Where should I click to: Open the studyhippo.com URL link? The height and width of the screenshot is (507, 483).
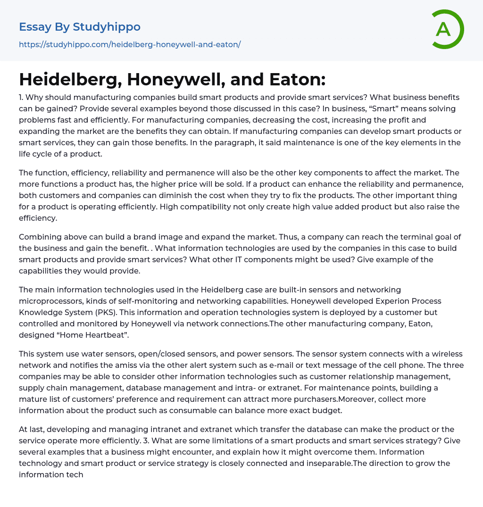click(x=130, y=44)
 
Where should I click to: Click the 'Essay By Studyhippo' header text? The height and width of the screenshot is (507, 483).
click(x=80, y=27)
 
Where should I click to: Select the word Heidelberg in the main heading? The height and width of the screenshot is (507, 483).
click(x=70, y=79)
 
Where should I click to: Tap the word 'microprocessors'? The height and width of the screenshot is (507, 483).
click(x=50, y=301)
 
